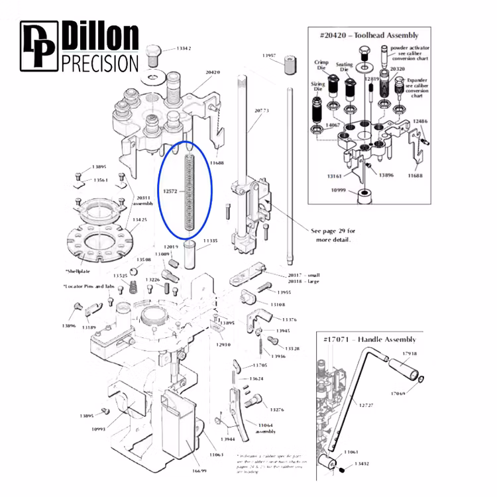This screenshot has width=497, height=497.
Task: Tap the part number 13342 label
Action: coord(184,49)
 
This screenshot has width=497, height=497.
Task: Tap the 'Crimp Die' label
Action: coord(321,64)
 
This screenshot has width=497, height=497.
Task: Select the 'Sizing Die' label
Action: coord(318,88)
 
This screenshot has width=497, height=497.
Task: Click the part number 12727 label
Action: coord(366,404)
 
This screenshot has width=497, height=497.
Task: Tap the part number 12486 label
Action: coord(421,122)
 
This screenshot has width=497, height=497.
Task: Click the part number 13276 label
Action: coord(276,410)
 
